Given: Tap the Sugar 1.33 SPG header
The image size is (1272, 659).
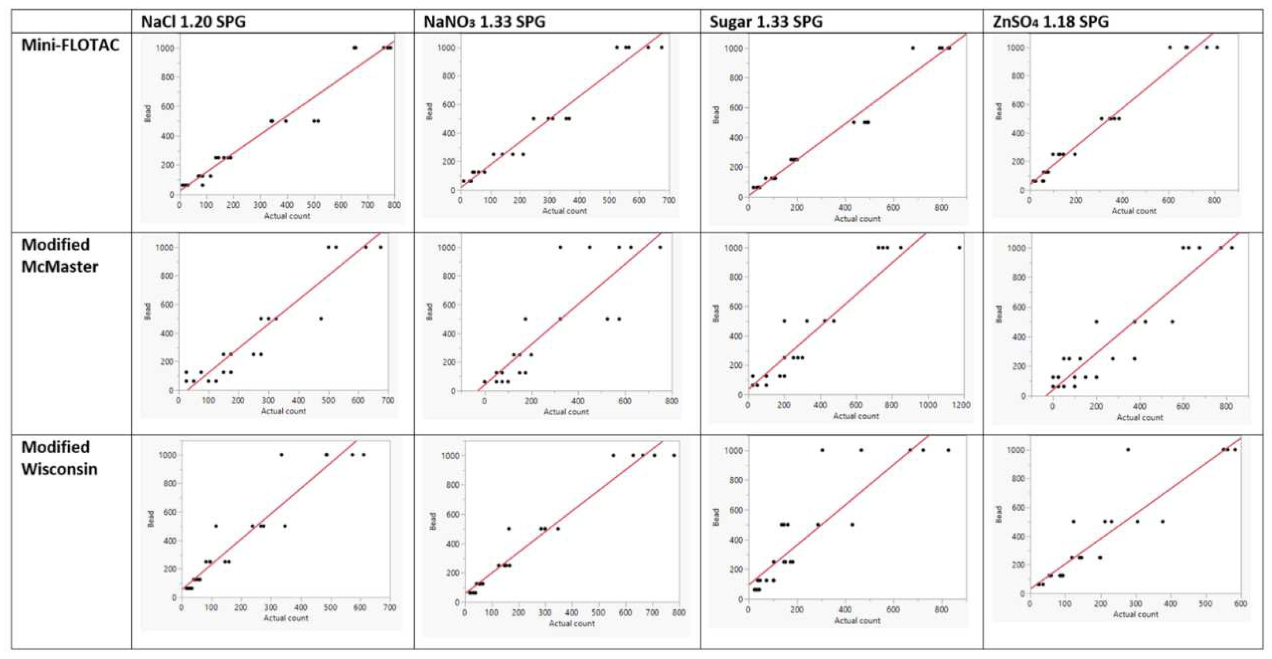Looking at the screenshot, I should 766,22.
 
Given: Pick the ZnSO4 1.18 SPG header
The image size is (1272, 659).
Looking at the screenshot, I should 1051,22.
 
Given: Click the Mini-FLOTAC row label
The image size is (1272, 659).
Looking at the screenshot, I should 70,45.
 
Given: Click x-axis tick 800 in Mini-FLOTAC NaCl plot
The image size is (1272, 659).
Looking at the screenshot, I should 394,204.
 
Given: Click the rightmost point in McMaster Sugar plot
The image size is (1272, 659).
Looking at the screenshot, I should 959,247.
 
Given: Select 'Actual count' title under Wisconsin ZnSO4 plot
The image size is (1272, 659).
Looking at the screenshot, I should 1135,614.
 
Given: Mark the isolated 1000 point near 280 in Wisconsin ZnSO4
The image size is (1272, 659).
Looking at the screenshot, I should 1128,449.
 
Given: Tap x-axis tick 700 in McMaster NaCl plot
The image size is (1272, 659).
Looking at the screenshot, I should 388,401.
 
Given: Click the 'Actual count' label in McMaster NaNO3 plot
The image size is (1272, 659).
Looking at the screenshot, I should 566,411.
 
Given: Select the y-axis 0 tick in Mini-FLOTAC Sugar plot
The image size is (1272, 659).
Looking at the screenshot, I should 740,197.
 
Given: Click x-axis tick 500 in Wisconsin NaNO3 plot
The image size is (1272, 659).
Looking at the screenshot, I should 598,613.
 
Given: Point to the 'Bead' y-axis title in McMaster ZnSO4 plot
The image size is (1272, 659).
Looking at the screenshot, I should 999,314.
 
